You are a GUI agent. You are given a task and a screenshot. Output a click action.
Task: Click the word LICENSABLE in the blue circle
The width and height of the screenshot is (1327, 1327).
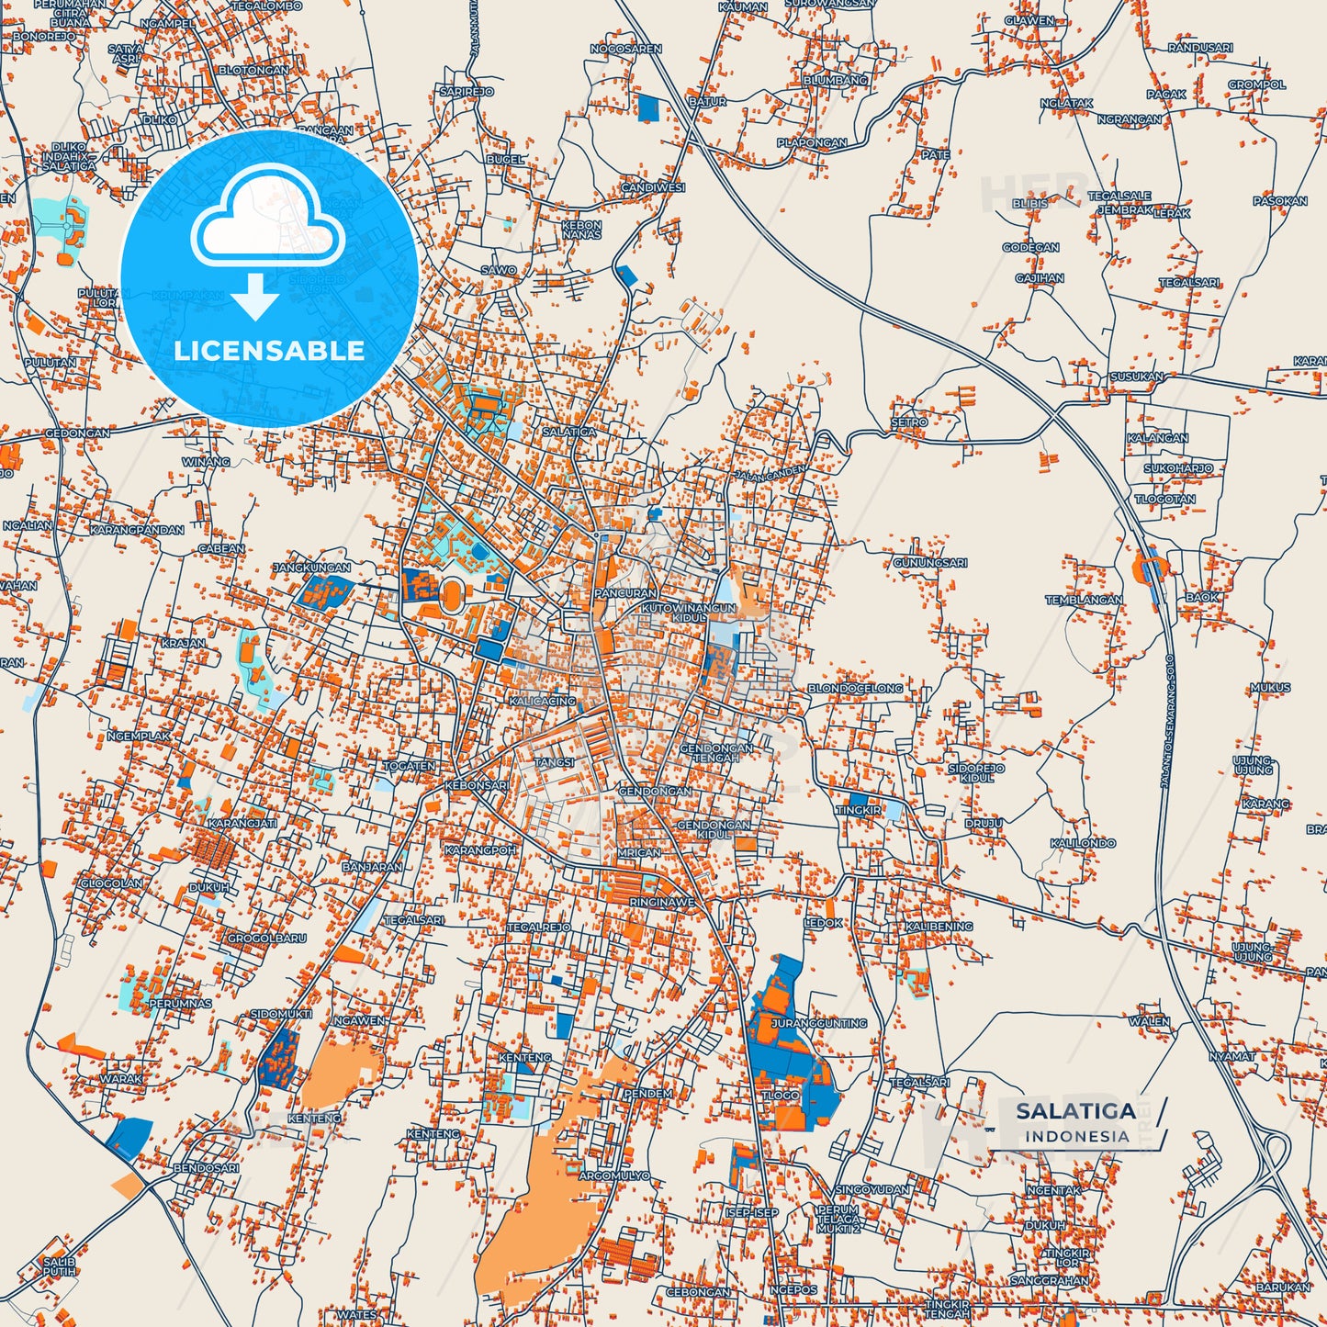[269, 351]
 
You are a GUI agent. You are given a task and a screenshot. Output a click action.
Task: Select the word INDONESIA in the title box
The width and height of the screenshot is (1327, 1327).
[1077, 1136]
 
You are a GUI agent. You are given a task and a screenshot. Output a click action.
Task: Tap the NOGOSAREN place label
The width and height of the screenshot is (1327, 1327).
[625, 49]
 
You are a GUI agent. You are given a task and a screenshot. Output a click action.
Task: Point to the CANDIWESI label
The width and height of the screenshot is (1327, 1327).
[653, 187]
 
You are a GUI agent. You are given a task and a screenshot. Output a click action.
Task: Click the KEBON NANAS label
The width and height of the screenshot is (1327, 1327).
[581, 230]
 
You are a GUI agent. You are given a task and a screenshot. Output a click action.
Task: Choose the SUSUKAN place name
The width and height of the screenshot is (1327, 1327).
[1137, 377]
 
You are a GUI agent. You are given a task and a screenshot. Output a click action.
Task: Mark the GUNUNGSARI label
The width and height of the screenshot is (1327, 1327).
[929, 562]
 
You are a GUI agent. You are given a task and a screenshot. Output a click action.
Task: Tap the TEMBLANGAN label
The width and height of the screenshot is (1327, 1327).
[1084, 600]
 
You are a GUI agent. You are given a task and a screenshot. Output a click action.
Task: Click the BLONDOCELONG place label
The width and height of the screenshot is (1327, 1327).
[855, 688]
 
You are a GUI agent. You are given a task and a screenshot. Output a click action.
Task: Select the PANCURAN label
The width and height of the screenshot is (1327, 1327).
[625, 593]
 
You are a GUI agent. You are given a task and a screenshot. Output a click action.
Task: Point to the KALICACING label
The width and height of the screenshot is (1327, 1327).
[542, 701]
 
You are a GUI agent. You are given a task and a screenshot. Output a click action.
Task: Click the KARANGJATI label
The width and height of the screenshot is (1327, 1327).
[242, 824]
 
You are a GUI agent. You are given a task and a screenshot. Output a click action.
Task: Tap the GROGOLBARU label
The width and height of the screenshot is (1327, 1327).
[266, 939]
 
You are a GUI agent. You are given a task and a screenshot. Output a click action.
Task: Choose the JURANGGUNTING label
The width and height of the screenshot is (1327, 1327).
[819, 1022]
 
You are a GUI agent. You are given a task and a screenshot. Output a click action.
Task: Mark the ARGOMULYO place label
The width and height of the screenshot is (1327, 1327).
[614, 1175]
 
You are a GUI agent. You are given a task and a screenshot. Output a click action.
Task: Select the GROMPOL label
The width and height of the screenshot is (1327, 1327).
[1256, 84]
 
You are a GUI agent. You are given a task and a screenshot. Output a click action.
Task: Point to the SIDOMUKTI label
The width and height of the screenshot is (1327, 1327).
[281, 1014]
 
